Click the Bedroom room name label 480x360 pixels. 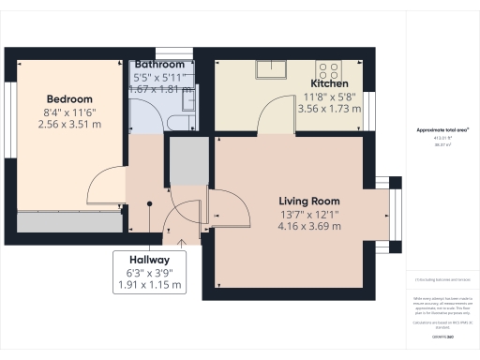(x=70, y=99)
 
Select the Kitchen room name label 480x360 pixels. (x=328, y=83)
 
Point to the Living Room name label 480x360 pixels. (x=308, y=202)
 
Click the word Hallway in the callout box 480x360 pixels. (x=150, y=260)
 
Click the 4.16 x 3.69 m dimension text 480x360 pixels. (x=308, y=226)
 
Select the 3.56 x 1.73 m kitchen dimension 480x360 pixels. (x=328, y=108)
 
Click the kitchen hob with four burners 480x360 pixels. (x=330, y=68)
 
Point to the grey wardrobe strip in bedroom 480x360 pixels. (x=68, y=223)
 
